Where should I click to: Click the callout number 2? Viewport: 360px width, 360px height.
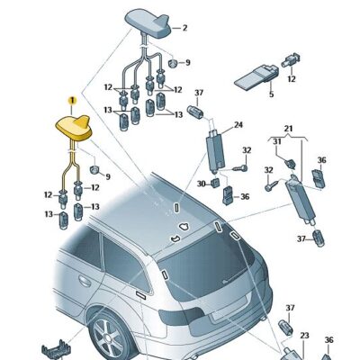pyautogui.click(x=185, y=28)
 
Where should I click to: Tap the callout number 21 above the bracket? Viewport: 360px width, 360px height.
pyautogui.click(x=288, y=130)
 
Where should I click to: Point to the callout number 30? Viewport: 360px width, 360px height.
pyautogui.click(x=202, y=183)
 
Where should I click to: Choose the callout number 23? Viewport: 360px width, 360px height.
pyautogui.click(x=304, y=336)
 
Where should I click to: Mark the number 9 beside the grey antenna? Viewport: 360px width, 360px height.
pyautogui.click(x=186, y=63)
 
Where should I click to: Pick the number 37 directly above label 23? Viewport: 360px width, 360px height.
pyautogui.click(x=289, y=308)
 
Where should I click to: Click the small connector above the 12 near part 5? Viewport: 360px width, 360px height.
pyautogui.click(x=292, y=60)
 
